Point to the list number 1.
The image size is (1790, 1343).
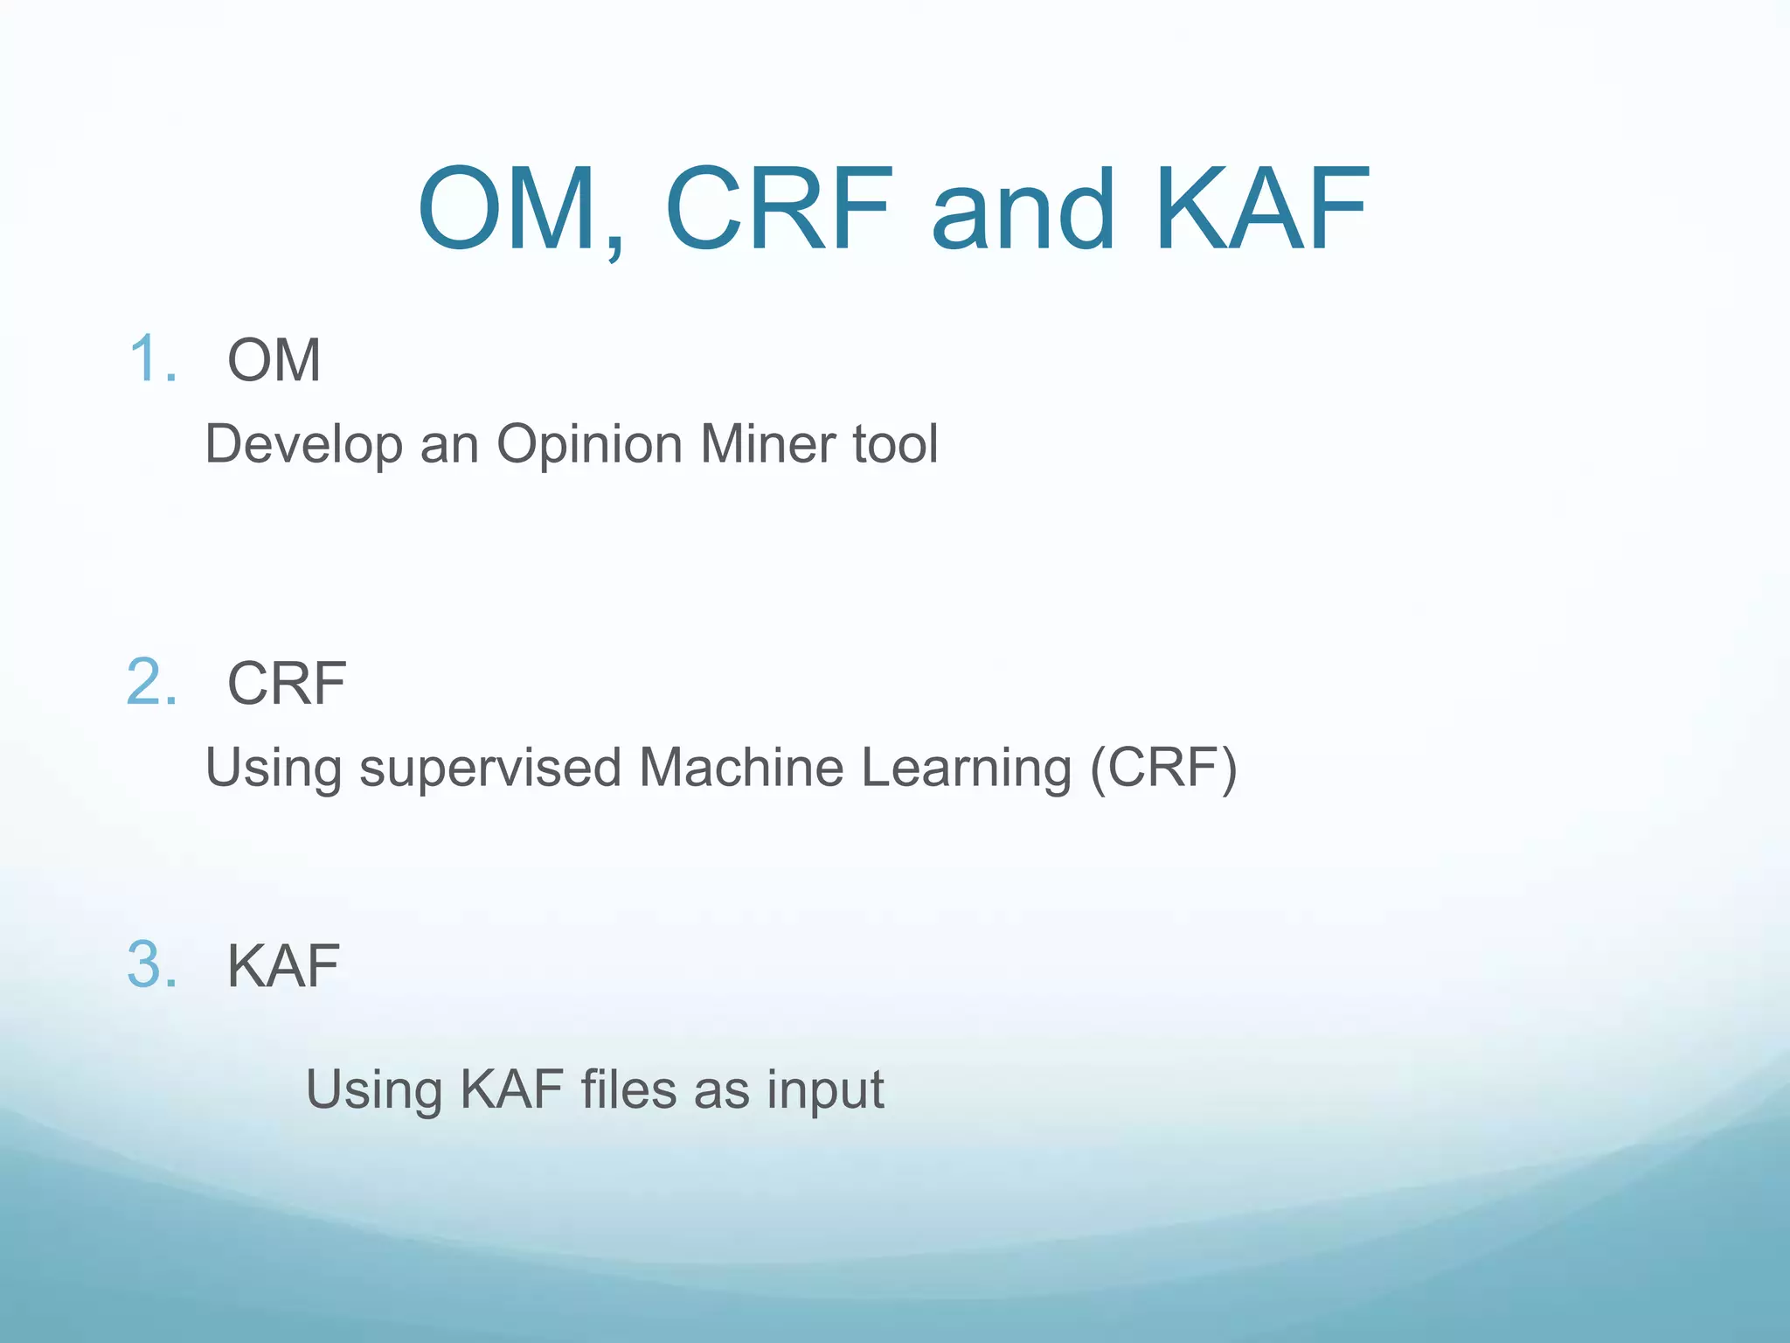(x=152, y=359)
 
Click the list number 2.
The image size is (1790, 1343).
(x=152, y=682)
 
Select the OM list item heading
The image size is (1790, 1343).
(x=274, y=359)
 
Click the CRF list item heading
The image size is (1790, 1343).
(x=287, y=683)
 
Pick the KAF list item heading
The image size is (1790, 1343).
(x=283, y=966)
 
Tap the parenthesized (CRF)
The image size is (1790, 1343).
(x=1163, y=768)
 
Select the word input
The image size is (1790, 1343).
(x=825, y=1091)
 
